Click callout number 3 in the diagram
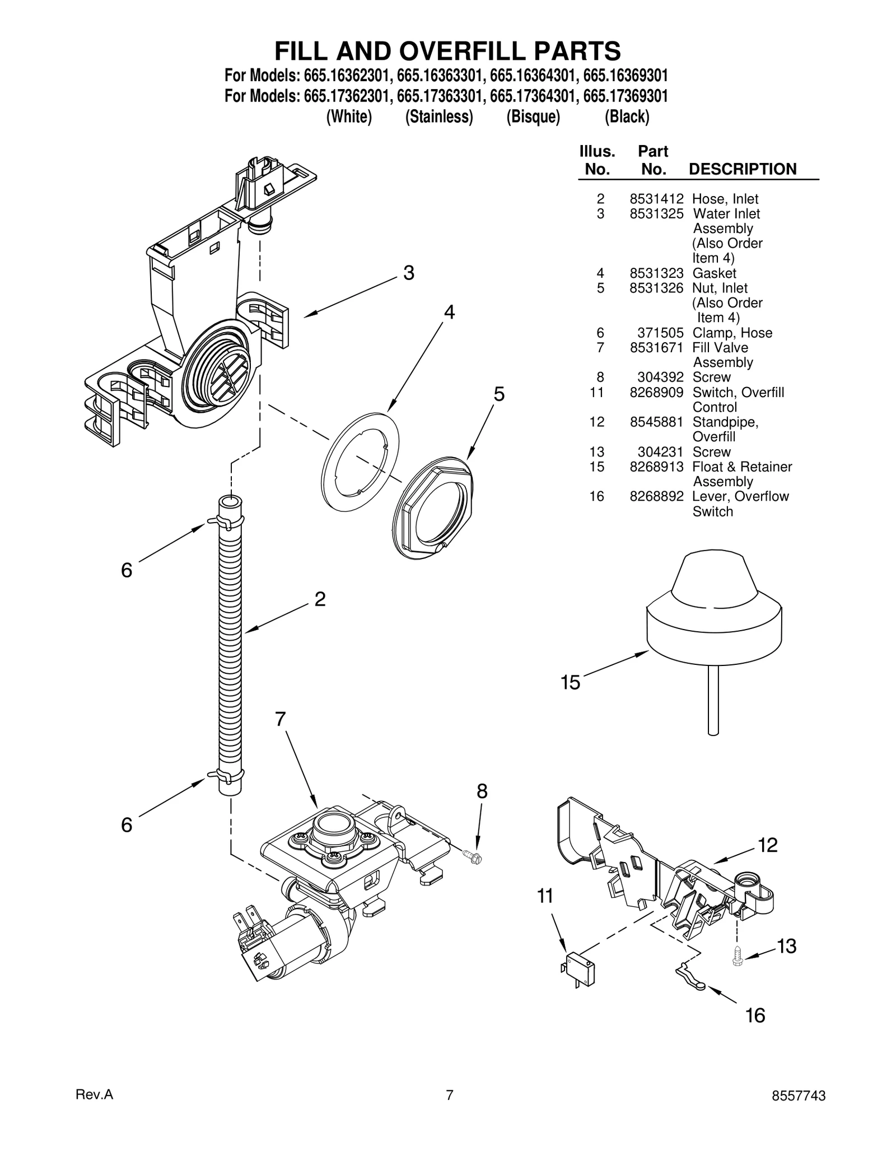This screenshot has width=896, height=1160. pos(409,273)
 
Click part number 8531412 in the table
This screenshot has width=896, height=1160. pos(656,199)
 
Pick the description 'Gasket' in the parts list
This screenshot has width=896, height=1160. pos(714,273)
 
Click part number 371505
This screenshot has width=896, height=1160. pos(660,333)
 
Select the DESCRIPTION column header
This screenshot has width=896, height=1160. pos(742,169)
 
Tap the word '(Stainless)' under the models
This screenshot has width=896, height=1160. pos(439,117)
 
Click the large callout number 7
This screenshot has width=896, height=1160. pos(280,719)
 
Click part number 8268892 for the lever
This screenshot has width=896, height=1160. pos(656,497)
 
